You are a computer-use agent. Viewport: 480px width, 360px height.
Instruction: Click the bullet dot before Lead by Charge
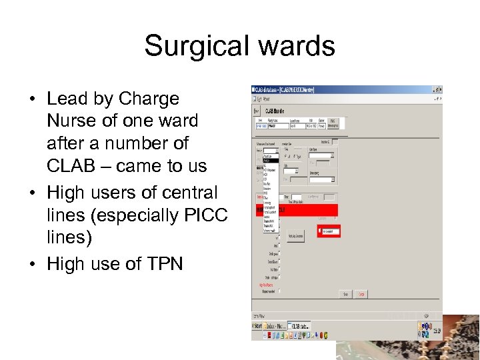pyautogui.click(x=31, y=99)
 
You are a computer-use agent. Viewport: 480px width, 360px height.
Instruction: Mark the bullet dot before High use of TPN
pyautogui.click(x=31, y=264)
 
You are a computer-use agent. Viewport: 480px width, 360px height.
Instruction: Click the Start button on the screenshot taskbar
pyautogui.click(x=258, y=326)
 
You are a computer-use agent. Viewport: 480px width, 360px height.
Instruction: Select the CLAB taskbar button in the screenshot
pyautogui.click(x=298, y=326)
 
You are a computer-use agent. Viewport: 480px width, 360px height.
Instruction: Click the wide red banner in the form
pyautogui.click(x=297, y=210)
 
